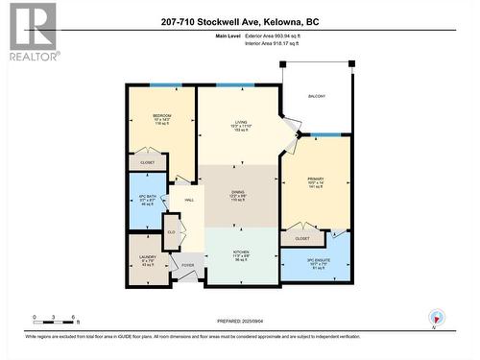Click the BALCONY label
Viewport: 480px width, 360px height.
click(316, 96)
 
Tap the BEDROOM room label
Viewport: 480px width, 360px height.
click(160, 116)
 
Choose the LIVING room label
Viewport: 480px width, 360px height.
click(240, 122)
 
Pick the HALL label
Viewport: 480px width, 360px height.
click(189, 198)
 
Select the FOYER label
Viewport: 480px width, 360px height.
click(188, 265)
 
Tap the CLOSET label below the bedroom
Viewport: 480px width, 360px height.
click(147, 162)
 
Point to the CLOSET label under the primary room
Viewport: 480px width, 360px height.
click(302, 237)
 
